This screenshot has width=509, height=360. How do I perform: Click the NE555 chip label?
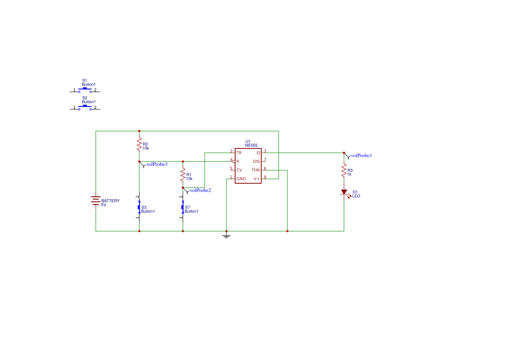click(x=251, y=145)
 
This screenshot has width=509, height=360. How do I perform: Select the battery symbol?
click(x=96, y=202)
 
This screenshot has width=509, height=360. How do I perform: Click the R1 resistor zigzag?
click(x=183, y=175)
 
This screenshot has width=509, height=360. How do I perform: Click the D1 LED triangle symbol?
click(x=344, y=192)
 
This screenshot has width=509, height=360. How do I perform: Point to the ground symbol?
click(x=226, y=236)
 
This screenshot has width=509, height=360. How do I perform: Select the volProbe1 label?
click(x=361, y=155)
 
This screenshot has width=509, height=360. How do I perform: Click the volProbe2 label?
click(x=200, y=190)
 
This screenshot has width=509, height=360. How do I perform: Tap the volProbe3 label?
click(x=157, y=164)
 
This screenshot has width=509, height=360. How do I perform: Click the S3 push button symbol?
click(x=139, y=207)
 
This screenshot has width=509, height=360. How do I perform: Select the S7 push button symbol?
click(x=183, y=207)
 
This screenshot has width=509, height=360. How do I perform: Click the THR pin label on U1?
click(x=256, y=170)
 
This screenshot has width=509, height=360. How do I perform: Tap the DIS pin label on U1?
click(x=256, y=161)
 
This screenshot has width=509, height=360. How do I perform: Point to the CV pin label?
click(x=239, y=170)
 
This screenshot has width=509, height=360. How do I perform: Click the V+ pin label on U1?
click(x=256, y=179)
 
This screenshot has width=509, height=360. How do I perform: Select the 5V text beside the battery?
click(x=104, y=205)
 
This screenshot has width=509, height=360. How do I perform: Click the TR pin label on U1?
click(x=239, y=153)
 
